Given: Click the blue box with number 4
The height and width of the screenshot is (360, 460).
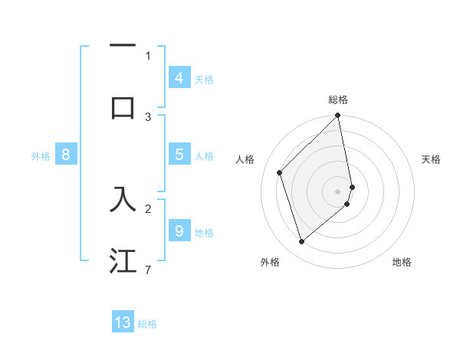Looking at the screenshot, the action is point(179,78).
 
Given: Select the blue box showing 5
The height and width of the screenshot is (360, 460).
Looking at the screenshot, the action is point(179,155).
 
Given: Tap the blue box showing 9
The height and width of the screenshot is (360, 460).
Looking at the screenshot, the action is point(179,231).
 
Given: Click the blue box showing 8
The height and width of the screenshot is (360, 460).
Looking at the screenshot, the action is point(66,155).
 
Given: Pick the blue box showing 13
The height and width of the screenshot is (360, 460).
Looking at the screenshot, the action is point(123,322).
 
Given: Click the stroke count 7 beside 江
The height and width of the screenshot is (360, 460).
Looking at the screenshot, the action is point(148,270).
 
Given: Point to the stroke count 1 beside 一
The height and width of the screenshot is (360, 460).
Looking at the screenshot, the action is point(148,55).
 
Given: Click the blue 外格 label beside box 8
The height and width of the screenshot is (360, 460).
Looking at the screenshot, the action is point(41,155).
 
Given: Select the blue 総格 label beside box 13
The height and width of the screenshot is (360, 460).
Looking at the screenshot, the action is point(147,323).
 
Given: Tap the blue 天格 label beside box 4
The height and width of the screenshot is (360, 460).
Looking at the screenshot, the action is point(204,79).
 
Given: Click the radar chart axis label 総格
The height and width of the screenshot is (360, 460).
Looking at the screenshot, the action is point(338,100).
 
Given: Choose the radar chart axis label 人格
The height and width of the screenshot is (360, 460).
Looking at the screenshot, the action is point(245,159).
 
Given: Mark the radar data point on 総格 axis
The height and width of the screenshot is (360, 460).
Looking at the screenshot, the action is point(338,116).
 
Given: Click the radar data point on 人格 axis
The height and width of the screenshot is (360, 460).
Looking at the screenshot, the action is point(280,172).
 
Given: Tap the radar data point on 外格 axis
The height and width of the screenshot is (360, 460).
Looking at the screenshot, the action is point(301,242).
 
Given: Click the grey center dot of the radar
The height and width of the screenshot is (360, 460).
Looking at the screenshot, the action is point(338,191).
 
